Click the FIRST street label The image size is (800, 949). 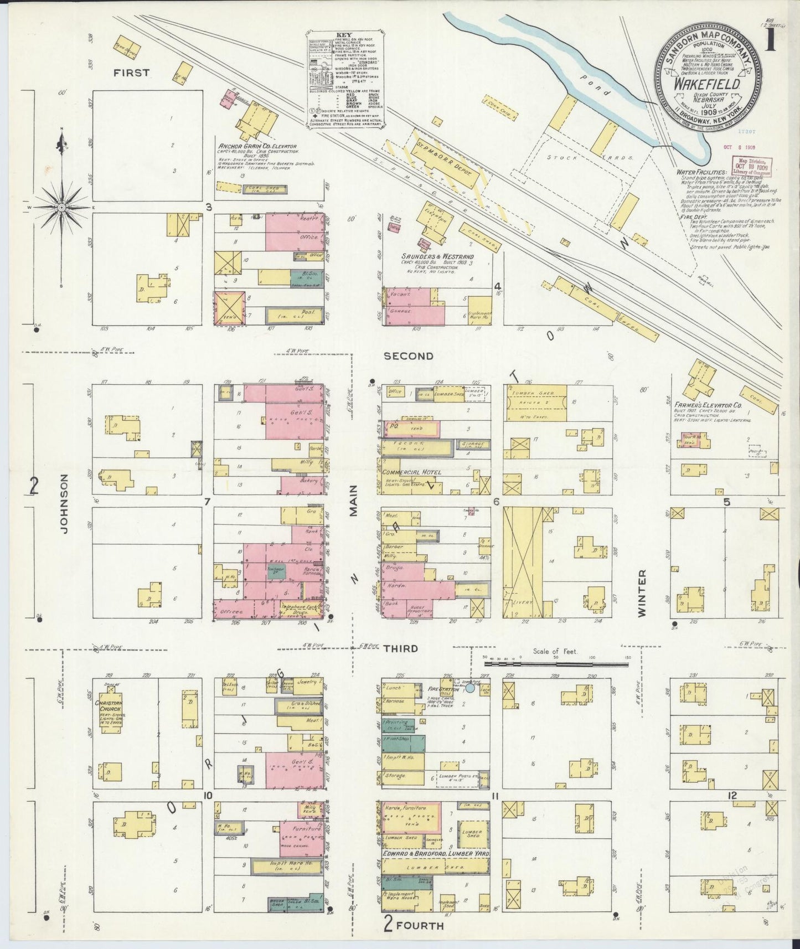132,73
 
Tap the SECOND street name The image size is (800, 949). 409,356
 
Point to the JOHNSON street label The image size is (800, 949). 65,503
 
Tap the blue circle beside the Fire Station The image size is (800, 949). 470,688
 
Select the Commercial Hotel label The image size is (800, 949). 412,472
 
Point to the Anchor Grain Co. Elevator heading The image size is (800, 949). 257,147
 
